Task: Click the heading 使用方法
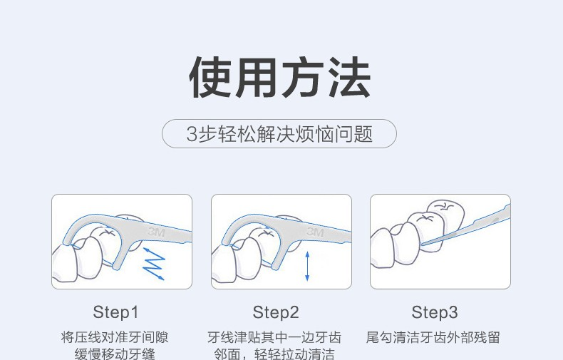279,78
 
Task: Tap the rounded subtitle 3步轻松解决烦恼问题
279,133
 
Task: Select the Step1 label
115,312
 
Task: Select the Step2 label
276,312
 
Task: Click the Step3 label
435,312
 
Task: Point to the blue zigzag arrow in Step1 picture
154,264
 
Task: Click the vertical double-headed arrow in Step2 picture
307,266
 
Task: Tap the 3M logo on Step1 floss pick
156,232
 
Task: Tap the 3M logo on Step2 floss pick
316,232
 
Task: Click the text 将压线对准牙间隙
115,337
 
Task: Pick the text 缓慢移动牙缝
115,354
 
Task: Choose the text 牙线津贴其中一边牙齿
274,337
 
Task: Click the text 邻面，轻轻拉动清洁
274,354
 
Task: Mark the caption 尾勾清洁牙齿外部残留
433,337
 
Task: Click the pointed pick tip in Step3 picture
421,245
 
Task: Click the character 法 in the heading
351,78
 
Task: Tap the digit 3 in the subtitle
192,134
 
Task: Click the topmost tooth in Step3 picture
445,213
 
